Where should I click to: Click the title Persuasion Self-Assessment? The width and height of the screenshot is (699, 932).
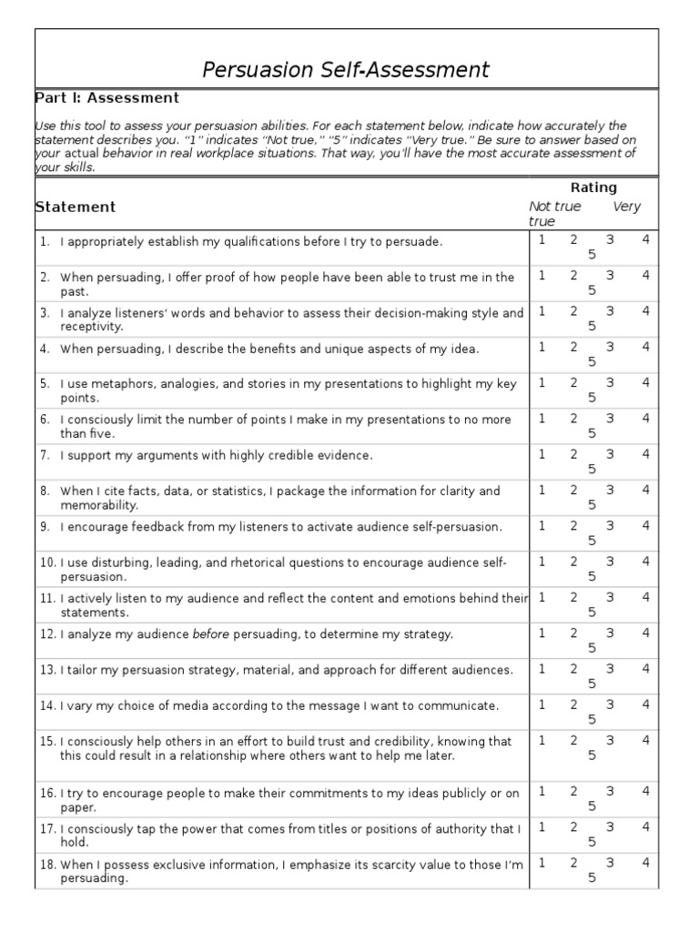345,69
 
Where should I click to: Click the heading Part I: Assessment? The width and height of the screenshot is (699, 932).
106,98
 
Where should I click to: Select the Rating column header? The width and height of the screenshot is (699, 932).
593,187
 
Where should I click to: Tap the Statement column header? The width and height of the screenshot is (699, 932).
76,207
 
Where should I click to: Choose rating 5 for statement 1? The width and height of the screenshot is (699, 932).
592,255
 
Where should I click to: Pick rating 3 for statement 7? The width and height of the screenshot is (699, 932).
610,454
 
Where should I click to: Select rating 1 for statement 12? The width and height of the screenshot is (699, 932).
542,633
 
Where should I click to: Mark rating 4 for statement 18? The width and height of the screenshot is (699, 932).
645,861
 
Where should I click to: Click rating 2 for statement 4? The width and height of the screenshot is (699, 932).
573,347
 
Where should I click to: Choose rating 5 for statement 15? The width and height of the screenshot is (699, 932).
592,755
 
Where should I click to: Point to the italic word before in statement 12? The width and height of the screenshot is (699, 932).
209,633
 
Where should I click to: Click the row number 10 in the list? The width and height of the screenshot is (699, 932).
46,562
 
